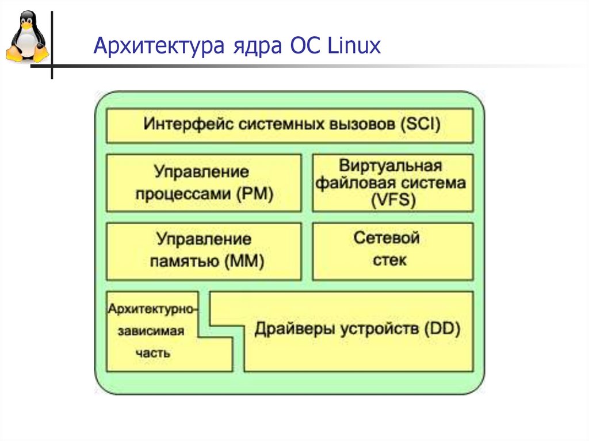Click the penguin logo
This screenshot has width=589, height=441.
[26, 38]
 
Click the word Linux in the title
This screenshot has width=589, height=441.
[354, 45]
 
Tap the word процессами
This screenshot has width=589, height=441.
[183, 194]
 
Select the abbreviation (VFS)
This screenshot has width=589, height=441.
[393, 201]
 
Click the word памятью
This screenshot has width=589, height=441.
[183, 261]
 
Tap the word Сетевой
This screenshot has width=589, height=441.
[387, 238]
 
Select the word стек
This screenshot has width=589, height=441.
[389, 260]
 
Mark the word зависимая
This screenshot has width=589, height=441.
[151, 332]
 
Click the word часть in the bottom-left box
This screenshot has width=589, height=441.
[152, 353]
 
